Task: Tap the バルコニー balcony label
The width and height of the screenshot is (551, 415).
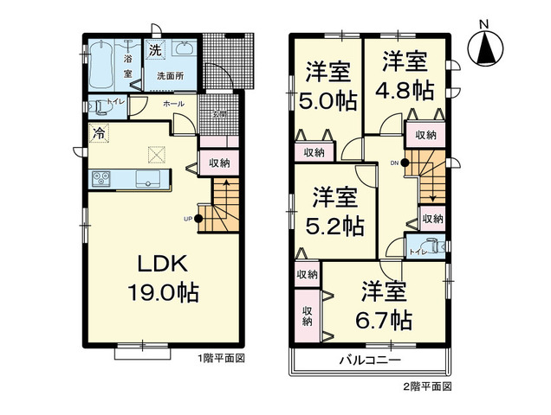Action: pos(370,360)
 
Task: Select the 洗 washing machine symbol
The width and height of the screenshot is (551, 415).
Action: pos(155,49)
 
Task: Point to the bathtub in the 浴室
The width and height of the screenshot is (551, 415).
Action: pos(100,63)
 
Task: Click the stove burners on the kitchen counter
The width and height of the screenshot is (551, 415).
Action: pos(100,179)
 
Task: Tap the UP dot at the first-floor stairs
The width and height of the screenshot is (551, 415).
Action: pos(198,218)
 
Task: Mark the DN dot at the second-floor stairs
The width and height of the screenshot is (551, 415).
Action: pos(405,163)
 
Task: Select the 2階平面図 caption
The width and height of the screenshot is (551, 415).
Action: pos(425,386)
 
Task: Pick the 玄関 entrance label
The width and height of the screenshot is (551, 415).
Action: pos(221,114)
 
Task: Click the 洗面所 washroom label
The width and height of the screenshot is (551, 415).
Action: pos(169,76)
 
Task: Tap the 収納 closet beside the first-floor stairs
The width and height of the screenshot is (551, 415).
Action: pos(218,163)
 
